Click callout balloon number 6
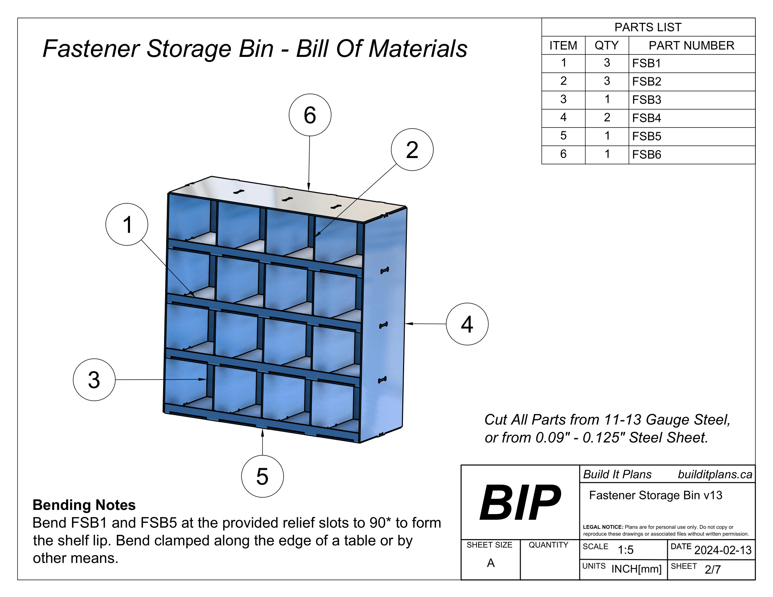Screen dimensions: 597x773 click(x=310, y=115)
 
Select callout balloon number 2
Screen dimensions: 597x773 click(x=412, y=150)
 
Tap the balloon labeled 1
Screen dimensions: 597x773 click(x=127, y=225)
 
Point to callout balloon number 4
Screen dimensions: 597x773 click(x=467, y=324)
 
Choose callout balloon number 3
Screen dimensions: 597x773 click(x=94, y=380)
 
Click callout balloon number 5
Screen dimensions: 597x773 click(x=262, y=477)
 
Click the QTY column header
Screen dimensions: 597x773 click(x=606, y=45)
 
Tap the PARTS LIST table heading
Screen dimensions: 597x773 click(x=648, y=27)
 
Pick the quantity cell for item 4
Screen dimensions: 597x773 click(x=607, y=117)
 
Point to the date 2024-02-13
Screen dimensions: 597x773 click(x=722, y=550)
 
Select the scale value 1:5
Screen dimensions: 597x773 click(x=625, y=550)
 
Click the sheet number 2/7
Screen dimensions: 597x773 click(x=713, y=569)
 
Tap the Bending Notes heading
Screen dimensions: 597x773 click(x=84, y=505)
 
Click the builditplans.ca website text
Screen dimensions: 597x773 click(x=715, y=475)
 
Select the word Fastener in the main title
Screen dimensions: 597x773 click(x=91, y=48)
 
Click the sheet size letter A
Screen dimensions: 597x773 click(x=491, y=563)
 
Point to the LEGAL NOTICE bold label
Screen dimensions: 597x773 click(x=603, y=527)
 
